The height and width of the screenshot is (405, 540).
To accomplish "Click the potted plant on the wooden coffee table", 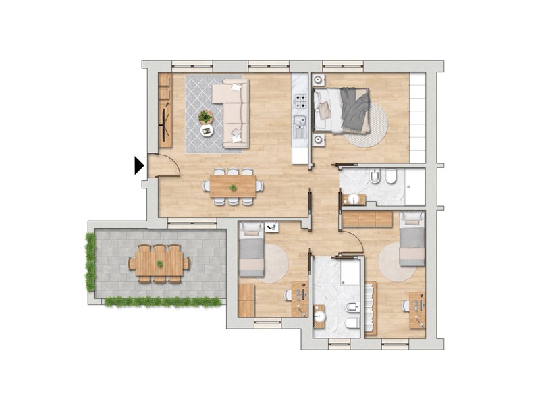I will [205, 117].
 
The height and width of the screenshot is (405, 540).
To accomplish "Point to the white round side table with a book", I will [207, 131].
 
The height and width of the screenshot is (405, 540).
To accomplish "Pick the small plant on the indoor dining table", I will [233, 188].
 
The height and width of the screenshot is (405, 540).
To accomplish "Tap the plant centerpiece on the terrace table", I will [159, 263].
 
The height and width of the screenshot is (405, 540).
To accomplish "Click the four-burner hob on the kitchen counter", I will [300, 103].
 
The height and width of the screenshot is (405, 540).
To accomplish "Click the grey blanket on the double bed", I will [354, 109].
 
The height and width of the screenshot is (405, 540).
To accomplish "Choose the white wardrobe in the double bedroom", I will [418, 117].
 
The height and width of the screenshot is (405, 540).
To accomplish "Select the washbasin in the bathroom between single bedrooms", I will [320, 317].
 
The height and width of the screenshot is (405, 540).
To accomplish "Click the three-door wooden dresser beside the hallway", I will [367, 219].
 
